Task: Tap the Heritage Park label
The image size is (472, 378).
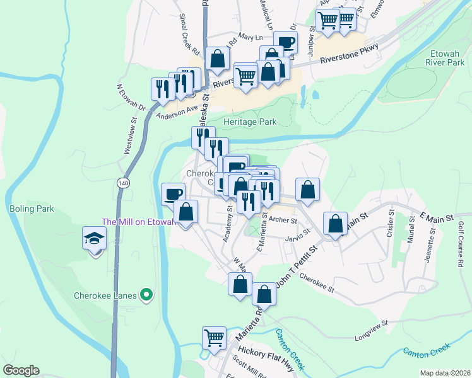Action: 250,121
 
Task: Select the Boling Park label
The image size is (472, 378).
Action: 32,209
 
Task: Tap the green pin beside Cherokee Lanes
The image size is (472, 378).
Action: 147,294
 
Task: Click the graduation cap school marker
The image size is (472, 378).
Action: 95,239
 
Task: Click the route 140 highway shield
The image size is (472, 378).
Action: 123,182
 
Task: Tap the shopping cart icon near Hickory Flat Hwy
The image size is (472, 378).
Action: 215,338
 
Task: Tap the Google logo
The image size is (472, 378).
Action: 21,370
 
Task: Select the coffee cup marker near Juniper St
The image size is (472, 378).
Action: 286,43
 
